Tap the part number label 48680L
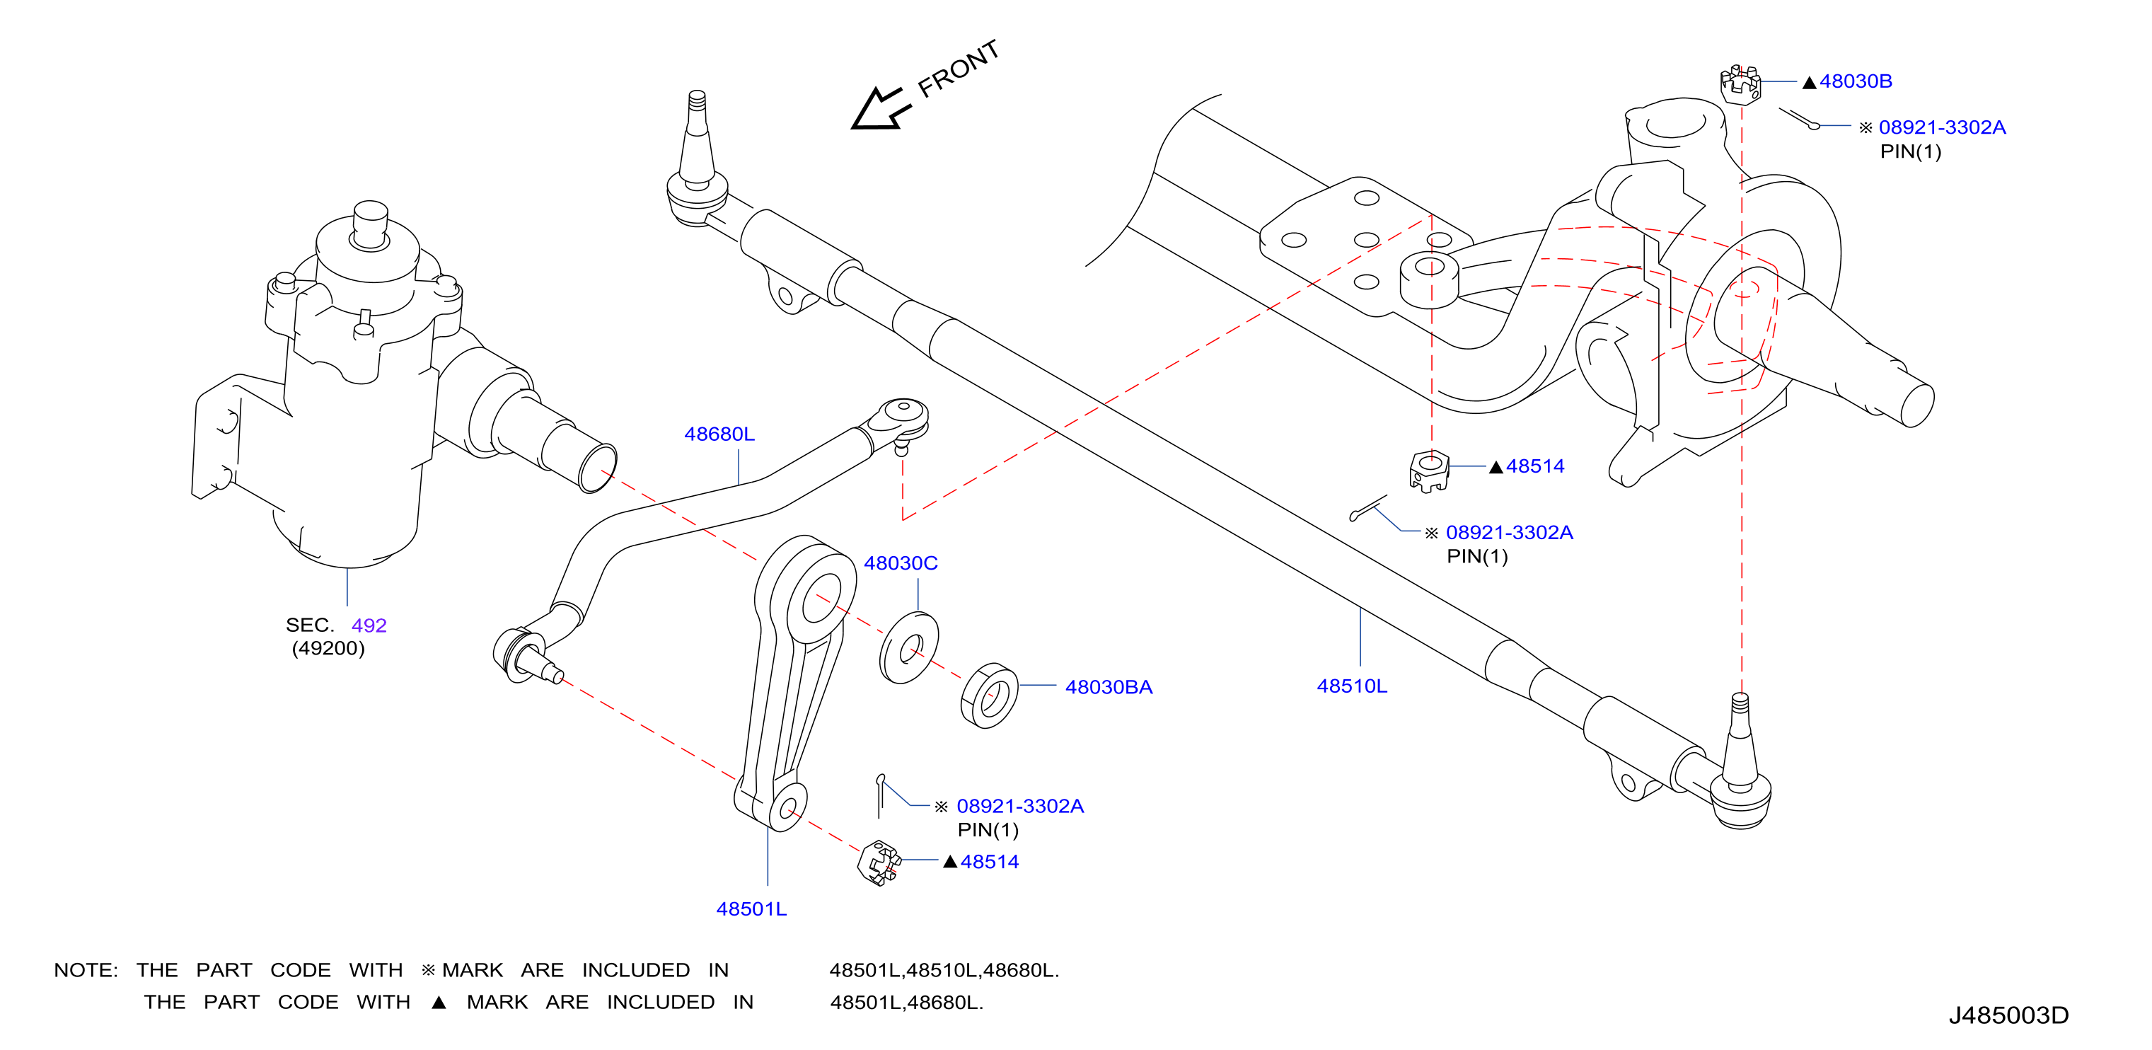coord(719,434)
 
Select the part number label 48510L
coord(1352,686)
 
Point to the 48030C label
coord(901,563)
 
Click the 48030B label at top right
coord(1856,81)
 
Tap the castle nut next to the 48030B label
coord(1740,84)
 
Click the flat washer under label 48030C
coord(909,647)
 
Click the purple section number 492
coord(369,625)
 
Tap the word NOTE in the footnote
coord(85,970)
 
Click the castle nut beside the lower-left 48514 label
coord(878,862)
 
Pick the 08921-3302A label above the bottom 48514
coord(1020,806)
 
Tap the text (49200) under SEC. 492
coord(328,648)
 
